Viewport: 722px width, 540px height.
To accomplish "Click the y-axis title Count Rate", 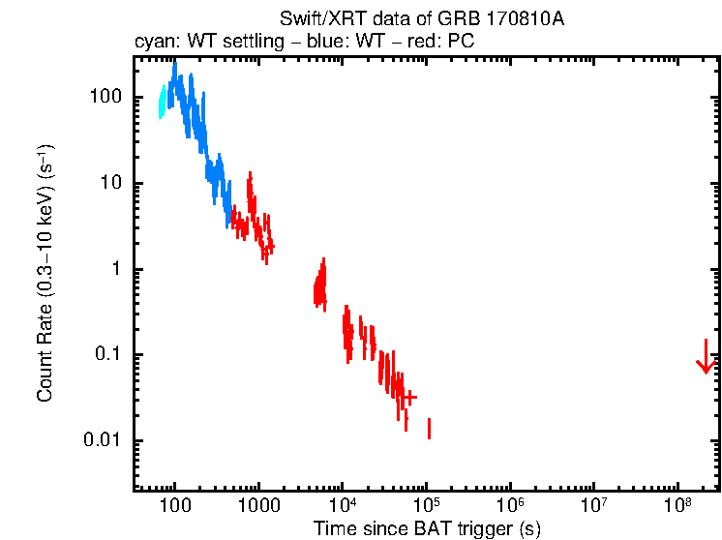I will point(45,274).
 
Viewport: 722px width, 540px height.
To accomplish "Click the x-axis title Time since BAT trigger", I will point(427,528).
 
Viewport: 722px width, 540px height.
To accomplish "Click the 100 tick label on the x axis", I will point(175,505).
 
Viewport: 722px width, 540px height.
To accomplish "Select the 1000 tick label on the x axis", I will point(258,505).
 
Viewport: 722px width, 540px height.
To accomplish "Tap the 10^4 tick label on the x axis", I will point(343,504).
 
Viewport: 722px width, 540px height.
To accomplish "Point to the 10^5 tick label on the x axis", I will point(426,504).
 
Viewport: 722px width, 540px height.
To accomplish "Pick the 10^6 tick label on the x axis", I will point(510,504).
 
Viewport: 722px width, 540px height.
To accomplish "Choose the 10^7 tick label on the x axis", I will point(593,504).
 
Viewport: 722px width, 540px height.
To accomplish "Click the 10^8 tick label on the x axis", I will point(677,504).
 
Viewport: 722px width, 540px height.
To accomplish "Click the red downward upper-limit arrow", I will point(706,358).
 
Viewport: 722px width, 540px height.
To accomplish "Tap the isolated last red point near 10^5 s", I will point(429,429).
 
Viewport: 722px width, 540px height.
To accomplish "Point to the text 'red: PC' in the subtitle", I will point(444,43).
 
